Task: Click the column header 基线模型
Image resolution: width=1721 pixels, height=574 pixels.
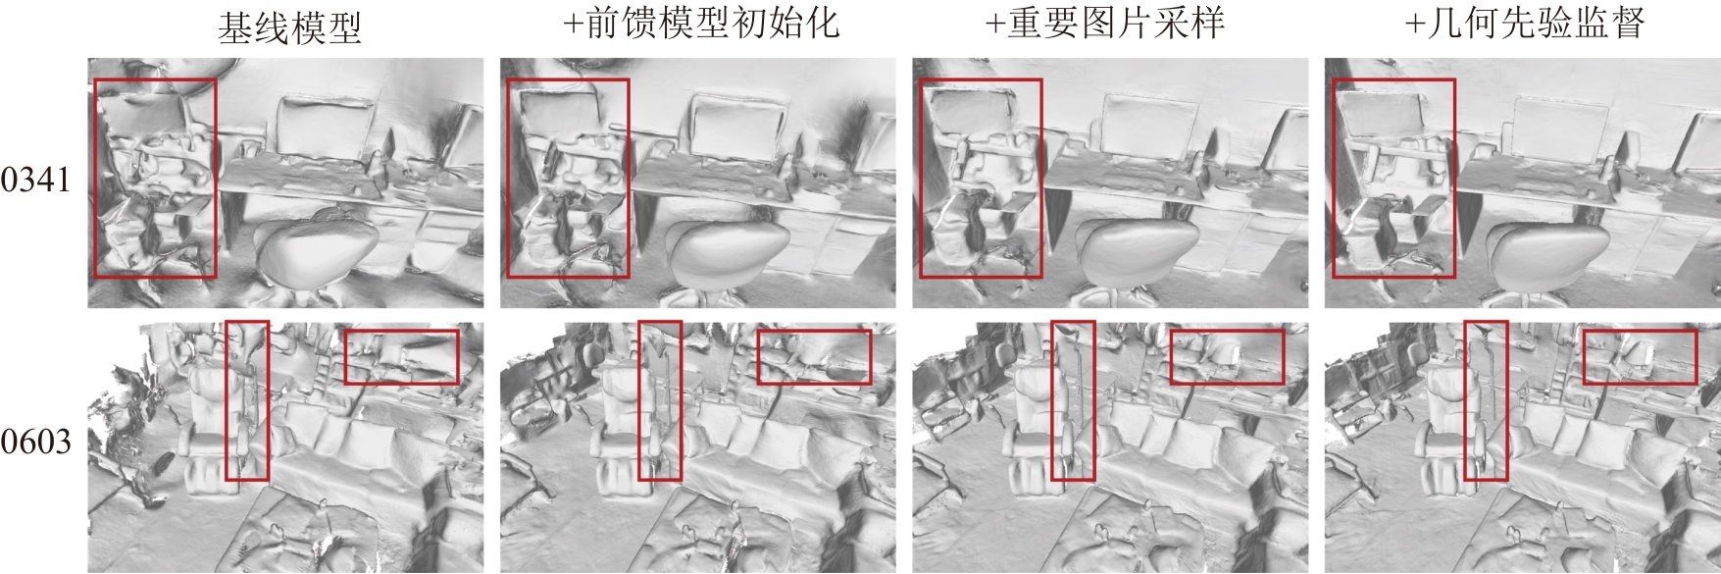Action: (x=289, y=26)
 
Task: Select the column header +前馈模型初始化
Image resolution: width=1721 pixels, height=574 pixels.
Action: (x=701, y=25)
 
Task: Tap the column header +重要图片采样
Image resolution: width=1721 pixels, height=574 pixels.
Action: (x=1105, y=25)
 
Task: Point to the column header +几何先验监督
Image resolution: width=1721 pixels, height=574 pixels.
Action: (x=1525, y=25)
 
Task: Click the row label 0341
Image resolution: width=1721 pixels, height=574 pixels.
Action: (x=36, y=181)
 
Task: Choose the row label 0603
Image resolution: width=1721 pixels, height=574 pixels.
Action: (x=36, y=443)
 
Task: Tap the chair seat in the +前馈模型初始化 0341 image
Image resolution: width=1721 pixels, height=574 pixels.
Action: (x=728, y=250)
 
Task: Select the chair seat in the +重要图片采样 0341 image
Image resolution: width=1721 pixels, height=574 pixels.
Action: (x=1139, y=250)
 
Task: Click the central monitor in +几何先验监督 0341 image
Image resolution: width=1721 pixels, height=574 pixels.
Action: (x=1557, y=125)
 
